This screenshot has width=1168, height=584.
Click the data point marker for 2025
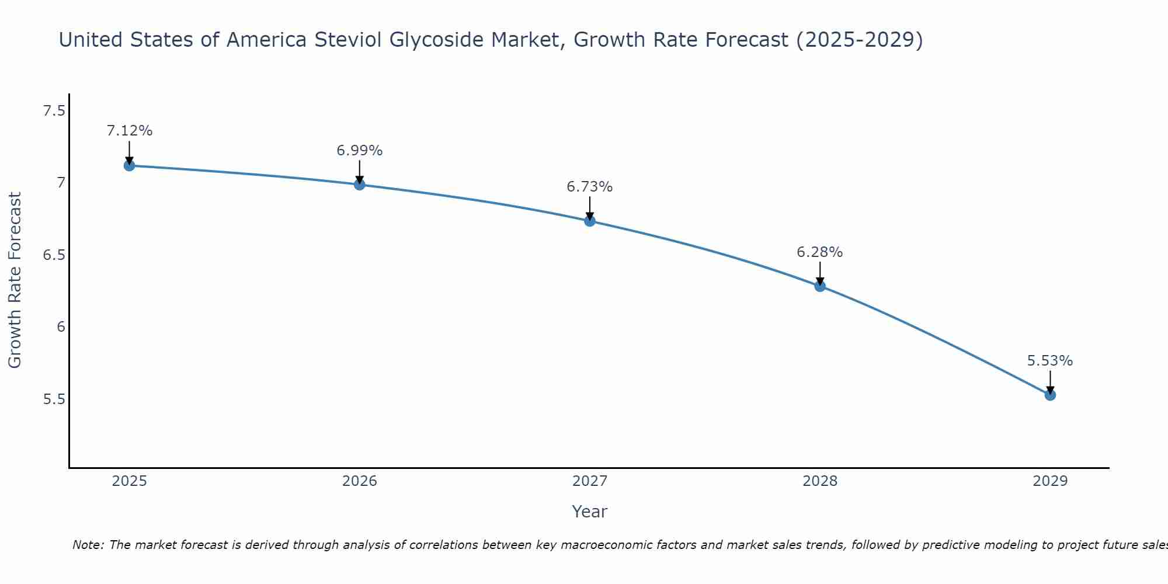(x=129, y=165)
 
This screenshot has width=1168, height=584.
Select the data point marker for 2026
(x=360, y=185)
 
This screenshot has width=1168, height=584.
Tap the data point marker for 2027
(x=590, y=221)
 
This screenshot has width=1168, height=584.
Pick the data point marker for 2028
(x=820, y=286)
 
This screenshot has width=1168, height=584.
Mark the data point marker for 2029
(x=1050, y=395)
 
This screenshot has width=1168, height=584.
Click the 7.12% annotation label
(x=129, y=131)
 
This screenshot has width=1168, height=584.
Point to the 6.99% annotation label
(x=360, y=151)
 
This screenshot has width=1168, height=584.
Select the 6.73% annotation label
(x=590, y=187)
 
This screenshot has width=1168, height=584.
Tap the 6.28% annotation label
(x=820, y=252)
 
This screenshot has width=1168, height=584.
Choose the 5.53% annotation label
(x=1050, y=361)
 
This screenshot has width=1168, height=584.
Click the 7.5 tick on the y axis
(x=54, y=110)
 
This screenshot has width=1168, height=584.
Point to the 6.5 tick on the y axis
(x=54, y=255)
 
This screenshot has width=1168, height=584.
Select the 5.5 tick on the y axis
(x=54, y=399)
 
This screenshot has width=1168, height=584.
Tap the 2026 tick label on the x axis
(x=360, y=481)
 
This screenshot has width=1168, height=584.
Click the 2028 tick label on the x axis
(x=820, y=481)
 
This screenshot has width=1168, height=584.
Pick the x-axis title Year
(x=590, y=512)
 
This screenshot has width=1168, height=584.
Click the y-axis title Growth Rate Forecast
(x=15, y=280)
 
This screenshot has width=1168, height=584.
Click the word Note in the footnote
(x=87, y=545)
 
